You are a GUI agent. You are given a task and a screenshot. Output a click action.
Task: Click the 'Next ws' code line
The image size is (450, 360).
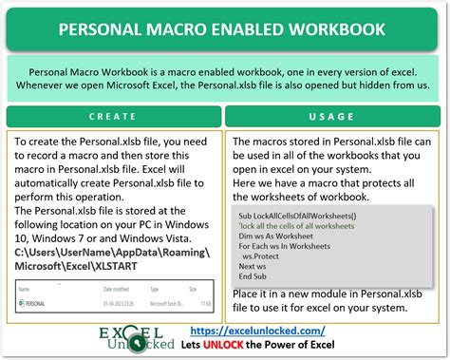254,266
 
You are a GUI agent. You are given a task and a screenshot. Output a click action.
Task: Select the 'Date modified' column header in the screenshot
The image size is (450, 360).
112,287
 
